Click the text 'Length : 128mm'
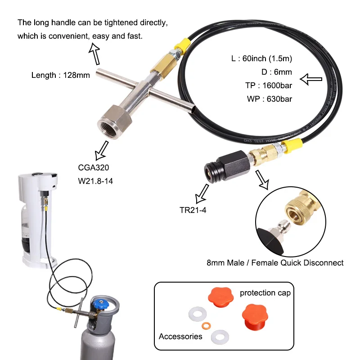pyautogui.click(x=60, y=75)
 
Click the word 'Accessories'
pyautogui.click(x=180, y=336)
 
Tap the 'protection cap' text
pyautogui.click(x=265, y=293)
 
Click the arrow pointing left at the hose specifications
pyautogui.click(x=311, y=80)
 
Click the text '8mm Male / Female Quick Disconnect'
pyautogui.click(x=275, y=262)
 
